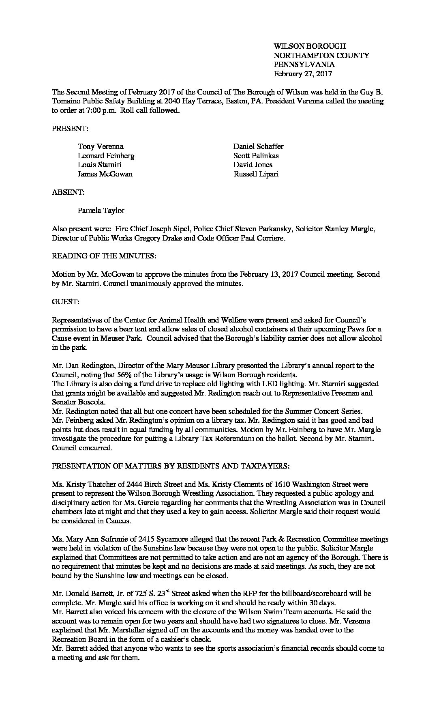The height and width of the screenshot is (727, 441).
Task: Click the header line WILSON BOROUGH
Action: pos(310,46)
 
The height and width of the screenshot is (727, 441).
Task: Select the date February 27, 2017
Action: pos(303,74)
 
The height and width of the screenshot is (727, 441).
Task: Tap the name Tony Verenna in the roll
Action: pos(101,146)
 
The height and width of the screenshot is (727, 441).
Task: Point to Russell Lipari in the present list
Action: pos(256,174)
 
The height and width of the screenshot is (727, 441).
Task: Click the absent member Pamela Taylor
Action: pos(101,211)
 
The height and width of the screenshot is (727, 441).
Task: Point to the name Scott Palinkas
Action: pos(256,156)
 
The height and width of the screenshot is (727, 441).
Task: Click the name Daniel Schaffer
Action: pos(258,146)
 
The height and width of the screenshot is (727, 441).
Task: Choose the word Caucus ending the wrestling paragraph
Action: pos(95,521)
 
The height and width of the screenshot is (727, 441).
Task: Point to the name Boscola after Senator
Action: pos(90,402)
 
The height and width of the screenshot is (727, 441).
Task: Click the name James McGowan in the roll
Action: pos(105,174)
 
